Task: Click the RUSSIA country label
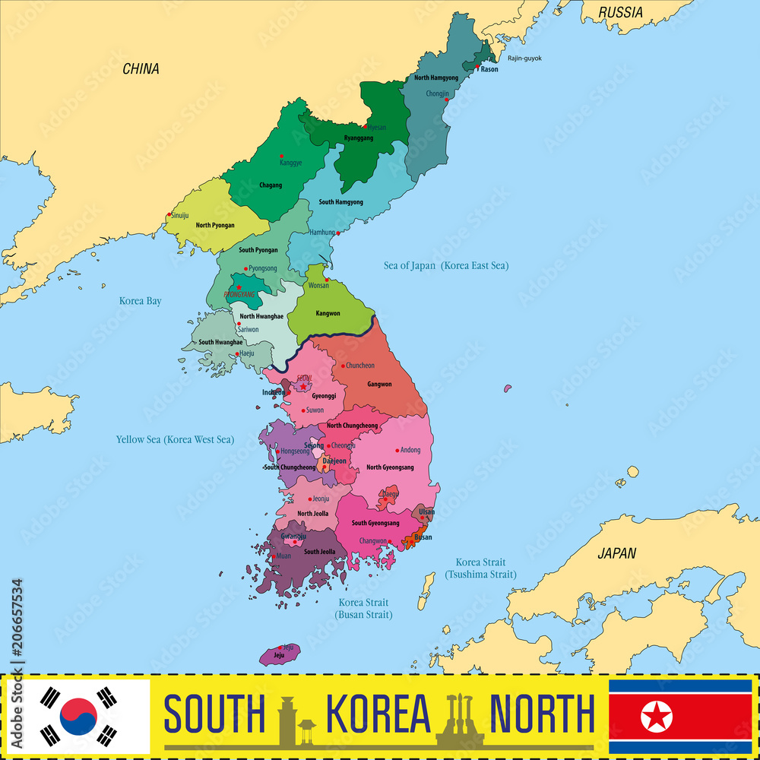(620, 12)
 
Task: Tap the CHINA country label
(141, 69)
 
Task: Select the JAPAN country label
(616, 553)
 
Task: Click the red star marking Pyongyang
(239, 287)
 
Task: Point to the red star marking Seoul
(303, 387)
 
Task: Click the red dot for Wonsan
(326, 280)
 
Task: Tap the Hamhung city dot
(338, 233)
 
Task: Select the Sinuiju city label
(180, 216)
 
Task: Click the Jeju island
(280, 654)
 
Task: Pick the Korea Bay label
(140, 301)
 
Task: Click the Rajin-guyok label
(524, 59)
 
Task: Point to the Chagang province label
(271, 185)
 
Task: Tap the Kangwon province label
(328, 313)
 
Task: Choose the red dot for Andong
(396, 450)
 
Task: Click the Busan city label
(423, 537)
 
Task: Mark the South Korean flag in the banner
(79, 716)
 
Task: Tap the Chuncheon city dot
(343, 366)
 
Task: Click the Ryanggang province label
(359, 138)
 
